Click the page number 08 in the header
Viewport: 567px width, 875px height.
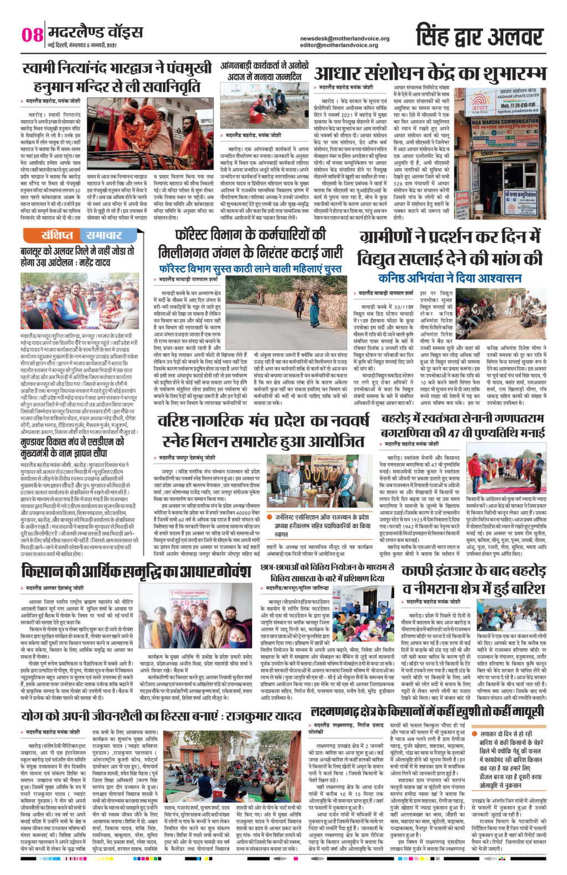click(32, 34)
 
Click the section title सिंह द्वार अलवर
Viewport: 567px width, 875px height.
click(479, 36)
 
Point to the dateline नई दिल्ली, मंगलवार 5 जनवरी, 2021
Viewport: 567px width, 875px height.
click(82, 44)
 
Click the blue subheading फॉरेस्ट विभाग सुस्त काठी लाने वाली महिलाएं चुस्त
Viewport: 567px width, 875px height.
click(250, 268)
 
